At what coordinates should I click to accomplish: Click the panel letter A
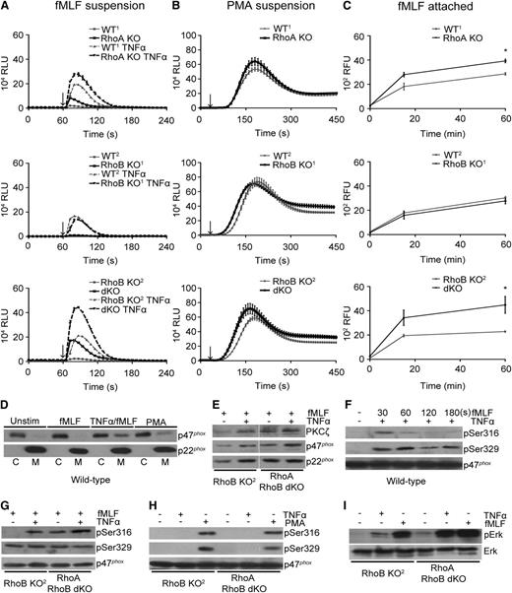click(x=6, y=8)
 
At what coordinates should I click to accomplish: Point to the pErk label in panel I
click(x=497, y=531)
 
